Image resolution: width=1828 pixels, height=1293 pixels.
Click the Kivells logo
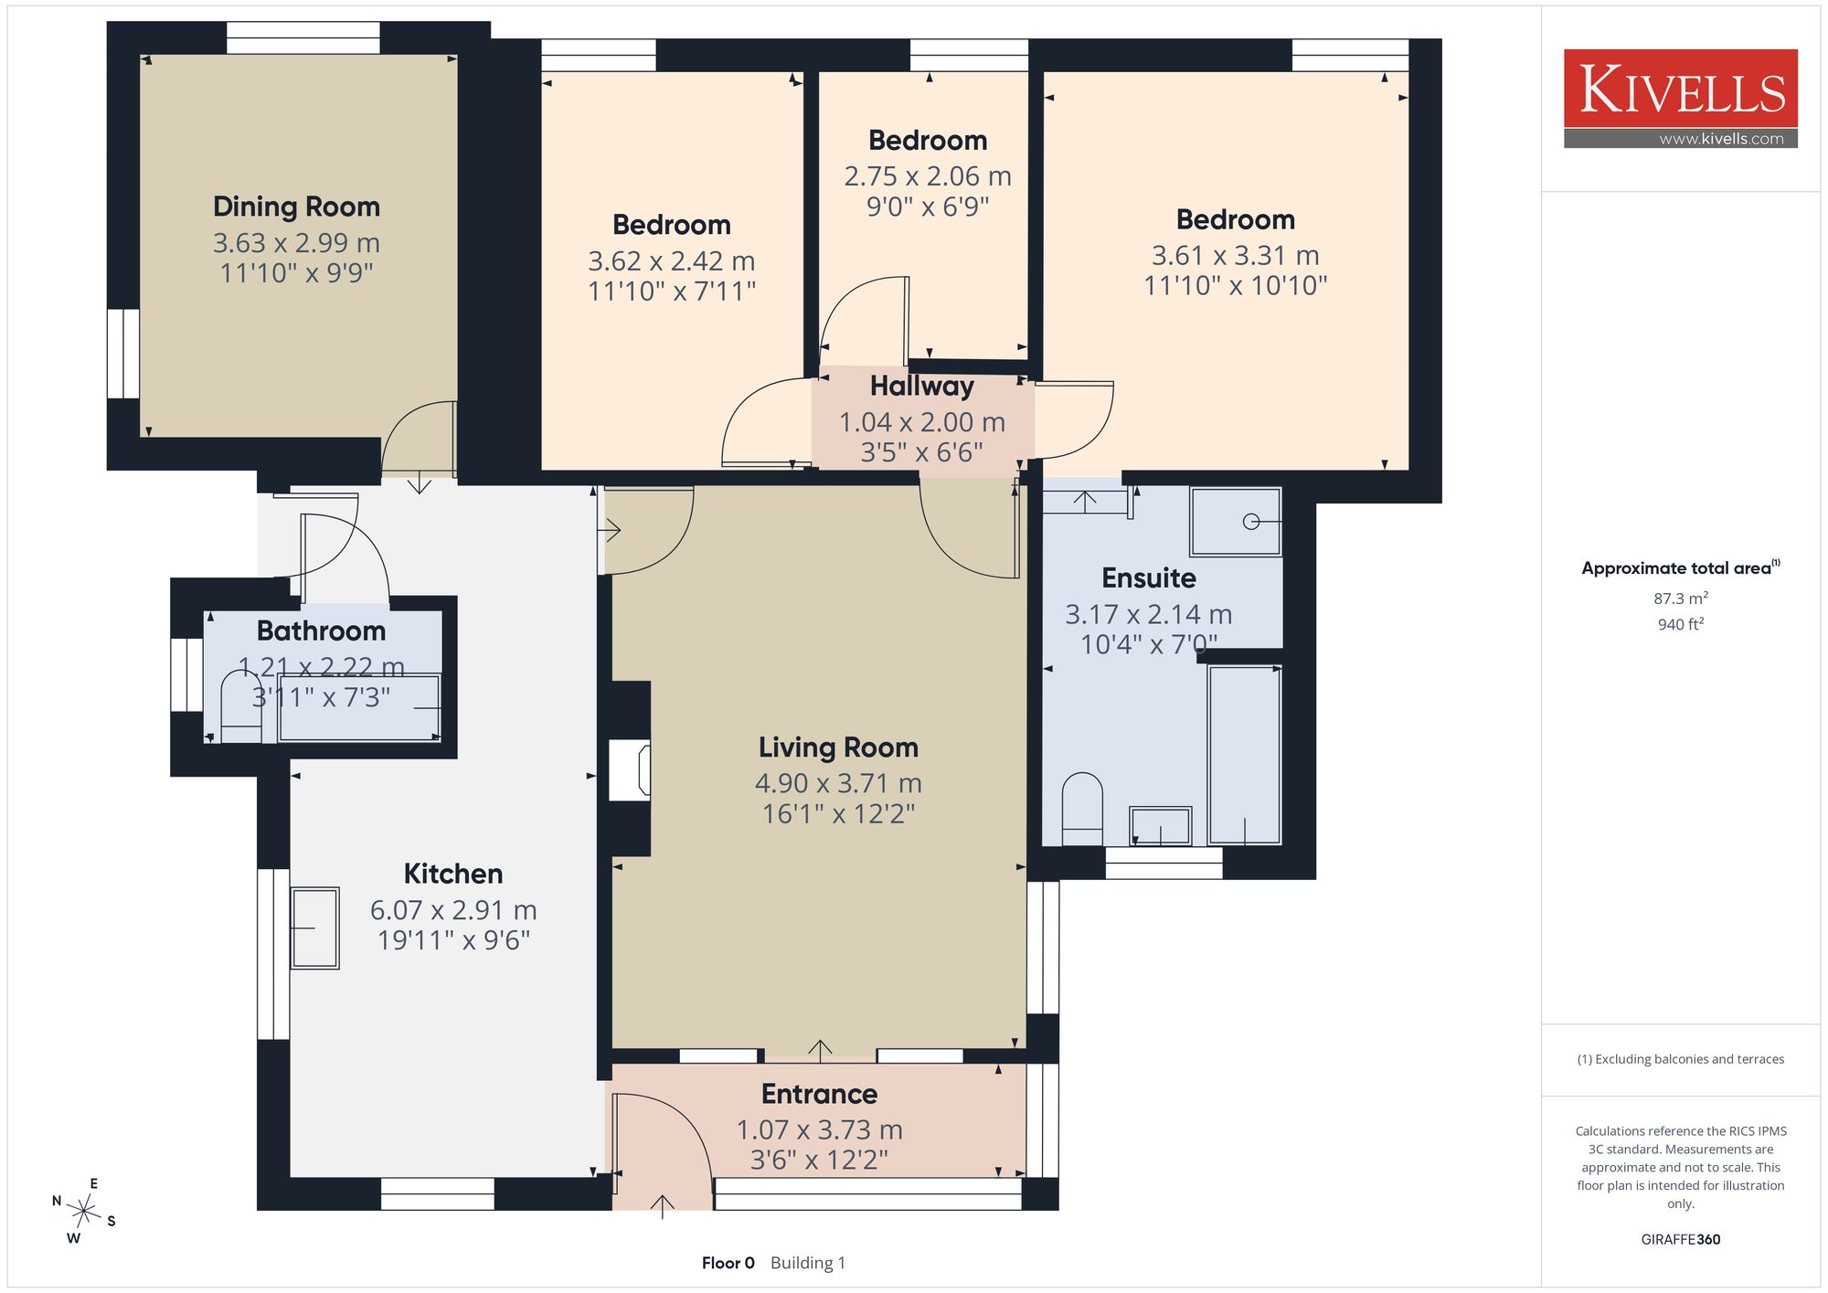pyautogui.click(x=1680, y=99)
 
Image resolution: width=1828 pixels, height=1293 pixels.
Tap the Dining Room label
pyautogui.click(x=296, y=207)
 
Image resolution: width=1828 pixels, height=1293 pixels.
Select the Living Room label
pyautogui.click(x=838, y=747)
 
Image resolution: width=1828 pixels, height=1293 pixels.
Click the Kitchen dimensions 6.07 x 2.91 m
pyautogui.click(x=453, y=910)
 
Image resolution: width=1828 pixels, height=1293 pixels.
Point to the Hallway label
pyautogui.click(x=921, y=387)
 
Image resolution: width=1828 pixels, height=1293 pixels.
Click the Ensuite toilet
pyautogui.click(x=1082, y=809)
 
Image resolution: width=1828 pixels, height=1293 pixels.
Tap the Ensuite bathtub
pyautogui.click(x=1244, y=755)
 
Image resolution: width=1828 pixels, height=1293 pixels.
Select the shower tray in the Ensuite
pyautogui.click(x=1236, y=522)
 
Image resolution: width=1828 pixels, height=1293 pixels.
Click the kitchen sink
pyautogui.click(x=315, y=927)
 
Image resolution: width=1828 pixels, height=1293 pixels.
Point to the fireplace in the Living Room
pyautogui.click(x=631, y=769)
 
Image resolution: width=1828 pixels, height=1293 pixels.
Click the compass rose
pyautogui.click(x=84, y=1212)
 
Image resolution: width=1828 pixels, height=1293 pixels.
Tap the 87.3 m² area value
pyautogui.click(x=1681, y=599)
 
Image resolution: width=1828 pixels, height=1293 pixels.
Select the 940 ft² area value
pyautogui.click(x=1681, y=624)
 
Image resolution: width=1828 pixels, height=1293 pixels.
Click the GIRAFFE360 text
pyautogui.click(x=1681, y=1239)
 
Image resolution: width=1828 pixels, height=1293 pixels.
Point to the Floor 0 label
pyautogui.click(x=728, y=1263)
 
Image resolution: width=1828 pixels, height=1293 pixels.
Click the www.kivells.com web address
pyautogui.click(x=1721, y=139)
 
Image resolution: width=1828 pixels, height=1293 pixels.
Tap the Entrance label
pyautogui.click(x=819, y=1094)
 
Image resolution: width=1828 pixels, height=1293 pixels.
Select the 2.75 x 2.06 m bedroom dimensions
pyautogui.click(x=928, y=176)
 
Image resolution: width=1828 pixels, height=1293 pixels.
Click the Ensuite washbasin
pyautogui.click(x=1161, y=826)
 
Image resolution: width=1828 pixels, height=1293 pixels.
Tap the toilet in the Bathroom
pyautogui.click(x=241, y=706)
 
